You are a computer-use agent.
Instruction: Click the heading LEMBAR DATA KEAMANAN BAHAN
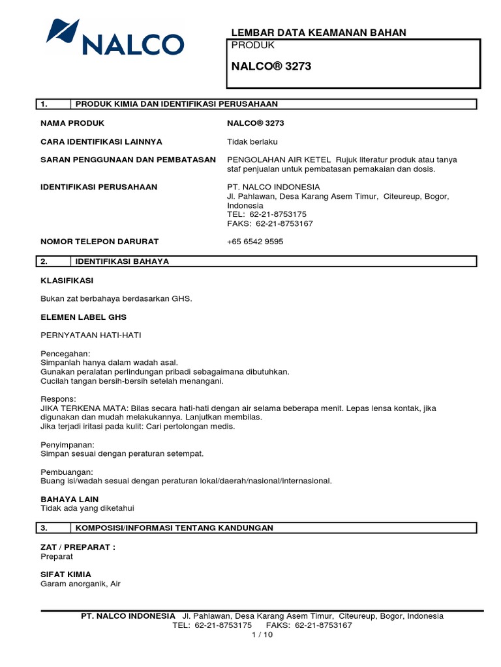point(319,33)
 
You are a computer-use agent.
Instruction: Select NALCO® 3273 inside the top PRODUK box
point(267,66)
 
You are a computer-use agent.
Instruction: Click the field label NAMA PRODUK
point(72,123)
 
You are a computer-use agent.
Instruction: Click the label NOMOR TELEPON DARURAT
point(100,242)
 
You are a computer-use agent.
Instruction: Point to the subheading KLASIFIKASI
point(67,281)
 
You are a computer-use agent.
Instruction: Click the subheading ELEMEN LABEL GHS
point(83,317)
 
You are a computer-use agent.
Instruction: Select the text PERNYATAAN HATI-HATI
point(91,335)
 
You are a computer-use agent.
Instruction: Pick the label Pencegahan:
point(65,354)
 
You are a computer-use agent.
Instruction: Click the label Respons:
point(59,399)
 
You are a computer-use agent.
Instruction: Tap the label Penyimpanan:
point(68,444)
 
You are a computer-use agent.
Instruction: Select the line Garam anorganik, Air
point(80,584)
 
